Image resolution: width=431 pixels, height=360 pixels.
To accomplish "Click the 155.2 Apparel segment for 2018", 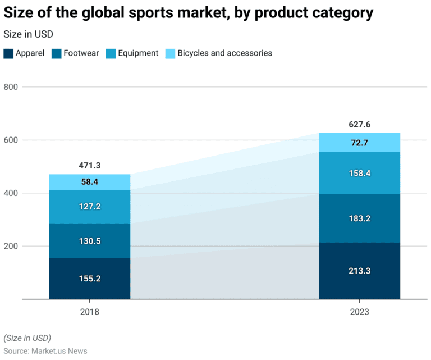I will [x=90, y=279].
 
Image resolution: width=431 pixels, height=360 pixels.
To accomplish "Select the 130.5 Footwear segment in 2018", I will [x=90, y=241].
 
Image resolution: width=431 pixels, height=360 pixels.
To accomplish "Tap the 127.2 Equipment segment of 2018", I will [x=90, y=207].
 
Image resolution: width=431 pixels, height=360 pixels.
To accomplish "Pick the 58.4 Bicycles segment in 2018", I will [x=90, y=182].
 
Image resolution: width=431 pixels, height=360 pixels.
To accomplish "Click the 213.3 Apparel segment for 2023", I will [x=359, y=271].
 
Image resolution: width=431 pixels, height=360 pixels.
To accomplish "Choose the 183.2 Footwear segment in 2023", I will [x=359, y=218].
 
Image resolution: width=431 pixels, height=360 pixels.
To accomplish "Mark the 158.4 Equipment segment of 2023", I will [x=359, y=174].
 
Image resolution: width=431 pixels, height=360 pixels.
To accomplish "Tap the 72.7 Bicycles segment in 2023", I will [x=359, y=143].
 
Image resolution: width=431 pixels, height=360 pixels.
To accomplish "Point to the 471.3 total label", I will [x=90, y=166].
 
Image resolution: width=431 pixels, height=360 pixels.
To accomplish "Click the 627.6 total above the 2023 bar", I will [x=359, y=125].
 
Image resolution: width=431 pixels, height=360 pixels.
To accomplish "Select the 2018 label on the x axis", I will [x=90, y=311].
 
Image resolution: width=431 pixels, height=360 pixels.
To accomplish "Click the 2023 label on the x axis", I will [x=359, y=311].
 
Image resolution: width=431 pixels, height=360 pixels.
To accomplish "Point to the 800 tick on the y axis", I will [x=11, y=87].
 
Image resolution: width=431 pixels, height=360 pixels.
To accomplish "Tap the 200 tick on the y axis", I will [x=11, y=246].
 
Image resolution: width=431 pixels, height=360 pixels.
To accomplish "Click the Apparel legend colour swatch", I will [x=8, y=54].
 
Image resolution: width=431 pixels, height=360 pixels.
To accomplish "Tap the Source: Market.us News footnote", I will [x=45, y=351].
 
